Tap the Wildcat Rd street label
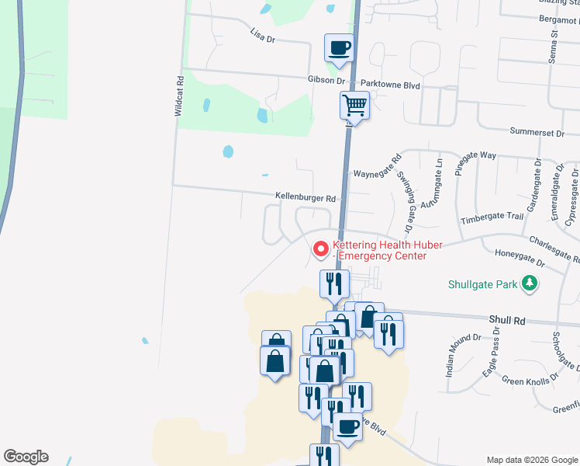click(x=179, y=96)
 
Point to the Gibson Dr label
click(x=326, y=80)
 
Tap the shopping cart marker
click(x=354, y=103)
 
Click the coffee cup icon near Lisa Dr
click(x=339, y=48)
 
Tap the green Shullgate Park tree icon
click(x=530, y=283)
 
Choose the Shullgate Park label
click(x=482, y=284)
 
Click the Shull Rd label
click(x=507, y=320)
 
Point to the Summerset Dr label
click(x=537, y=133)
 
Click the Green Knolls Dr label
click(x=530, y=381)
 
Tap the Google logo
click(x=26, y=457)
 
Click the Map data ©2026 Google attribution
click(x=531, y=460)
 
